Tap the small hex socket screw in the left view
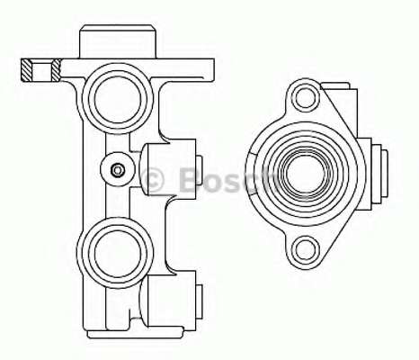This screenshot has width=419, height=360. coord(117,170)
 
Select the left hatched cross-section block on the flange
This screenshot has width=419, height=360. coord(26,70)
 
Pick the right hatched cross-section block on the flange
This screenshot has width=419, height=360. coord(56,70)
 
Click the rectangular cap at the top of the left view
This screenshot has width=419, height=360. coord(118,41)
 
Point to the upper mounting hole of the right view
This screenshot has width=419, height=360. coord(306,98)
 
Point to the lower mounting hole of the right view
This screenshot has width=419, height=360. coord(306,250)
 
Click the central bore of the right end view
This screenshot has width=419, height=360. coord(306,174)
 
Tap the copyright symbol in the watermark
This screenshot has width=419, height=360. coord(152,180)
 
